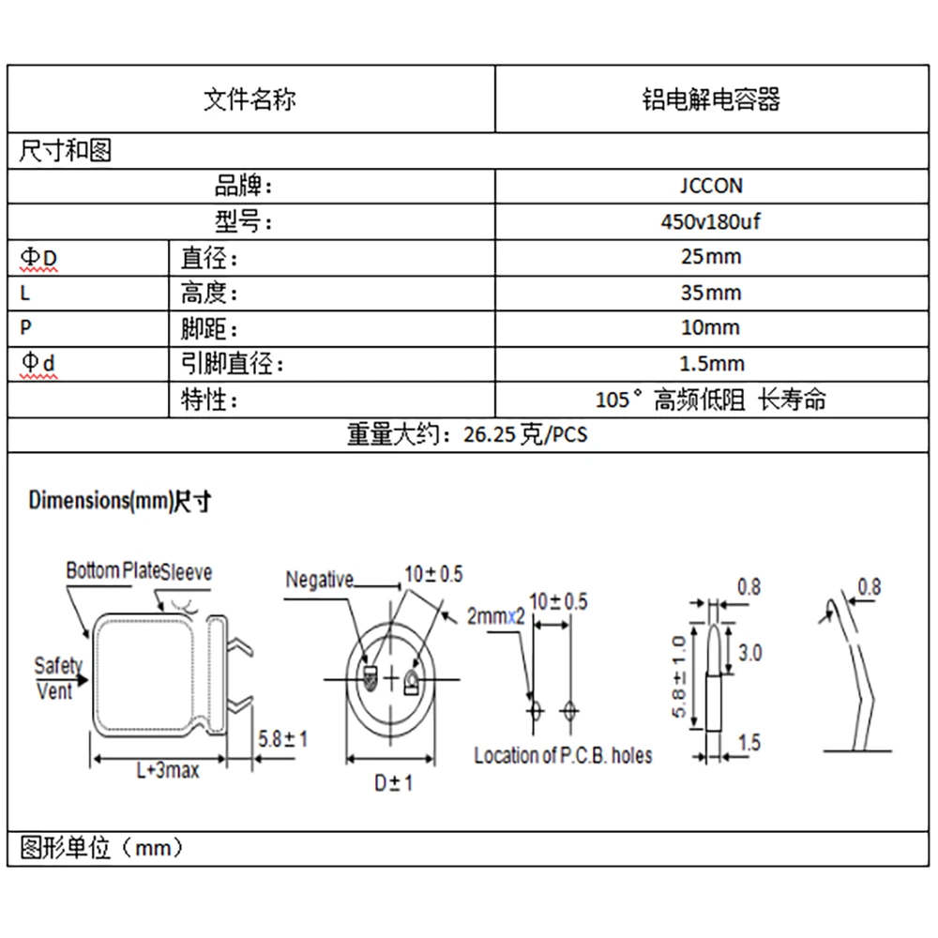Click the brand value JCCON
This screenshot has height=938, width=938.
pos(711,186)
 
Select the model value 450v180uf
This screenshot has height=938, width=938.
pos(711,222)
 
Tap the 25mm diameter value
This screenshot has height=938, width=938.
pos(711,257)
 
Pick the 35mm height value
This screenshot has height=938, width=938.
pos(711,293)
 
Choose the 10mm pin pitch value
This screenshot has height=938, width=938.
pos(711,327)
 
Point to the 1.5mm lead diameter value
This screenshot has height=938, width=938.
pos(712,364)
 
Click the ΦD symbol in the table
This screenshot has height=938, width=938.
pos(38,258)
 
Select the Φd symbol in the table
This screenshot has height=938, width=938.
pos(38,362)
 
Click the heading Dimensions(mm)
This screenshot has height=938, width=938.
pos(100,500)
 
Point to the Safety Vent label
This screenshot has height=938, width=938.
pos(57,678)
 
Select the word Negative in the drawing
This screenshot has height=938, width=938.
pos(320,580)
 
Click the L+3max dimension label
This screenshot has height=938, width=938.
pos(168,770)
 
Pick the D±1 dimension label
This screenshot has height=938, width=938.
pos(394,783)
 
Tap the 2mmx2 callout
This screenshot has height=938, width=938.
pos(495,616)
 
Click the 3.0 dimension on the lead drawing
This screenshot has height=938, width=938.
pos(749,653)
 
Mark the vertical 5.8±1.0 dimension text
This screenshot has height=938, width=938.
pos(679,676)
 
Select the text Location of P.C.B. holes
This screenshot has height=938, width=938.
pos(563,755)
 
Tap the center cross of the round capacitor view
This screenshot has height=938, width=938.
pos(391,679)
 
